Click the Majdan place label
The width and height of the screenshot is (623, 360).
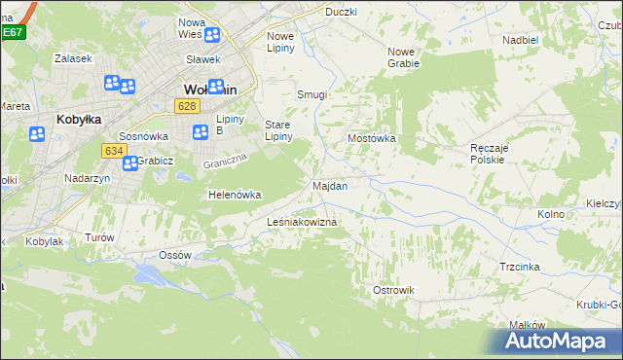pyautogui.click(x=330, y=185)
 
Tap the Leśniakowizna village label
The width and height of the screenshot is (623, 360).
pyautogui.click(x=302, y=223)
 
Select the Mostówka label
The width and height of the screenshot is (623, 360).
pyautogui.click(x=372, y=139)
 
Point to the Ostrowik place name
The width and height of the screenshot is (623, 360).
pyautogui.click(x=394, y=290)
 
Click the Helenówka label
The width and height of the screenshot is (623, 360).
pyautogui.click(x=235, y=195)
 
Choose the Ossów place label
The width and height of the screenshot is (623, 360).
pyautogui.click(x=174, y=255)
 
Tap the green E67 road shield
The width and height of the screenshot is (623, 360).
pyautogui.click(x=13, y=32)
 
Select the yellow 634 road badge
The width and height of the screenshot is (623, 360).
pyautogui.click(x=113, y=150)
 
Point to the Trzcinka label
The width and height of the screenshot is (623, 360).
pyautogui.click(x=520, y=266)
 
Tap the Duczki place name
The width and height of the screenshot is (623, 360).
pyautogui.click(x=341, y=12)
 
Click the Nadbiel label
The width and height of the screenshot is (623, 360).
pyautogui.click(x=521, y=40)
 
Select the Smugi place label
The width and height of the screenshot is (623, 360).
pyautogui.click(x=311, y=95)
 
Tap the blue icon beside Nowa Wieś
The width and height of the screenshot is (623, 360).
pyautogui.click(x=212, y=35)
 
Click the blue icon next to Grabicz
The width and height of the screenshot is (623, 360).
pyautogui.click(x=129, y=163)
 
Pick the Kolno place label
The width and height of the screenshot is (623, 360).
pyautogui.click(x=551, y=213)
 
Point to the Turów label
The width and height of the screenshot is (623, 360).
pyautogui.click(x=100, y=237)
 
